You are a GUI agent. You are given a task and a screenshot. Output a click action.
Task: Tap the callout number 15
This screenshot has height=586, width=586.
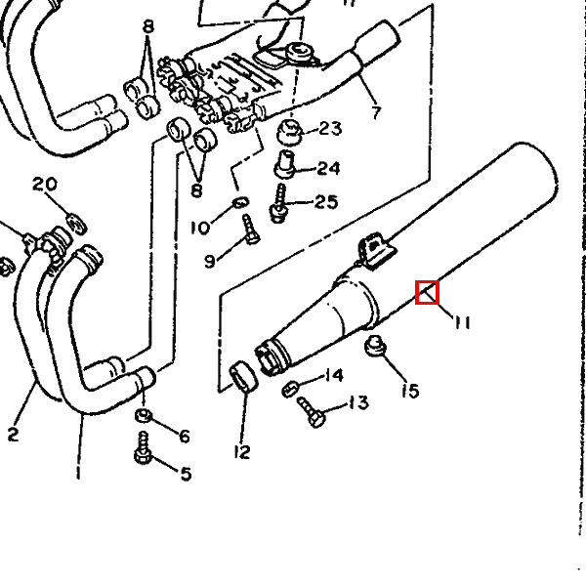pyautogui.click(x=410, y=391)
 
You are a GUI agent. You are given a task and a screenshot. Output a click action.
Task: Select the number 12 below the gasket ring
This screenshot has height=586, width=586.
pyautogui.click(x=242, y=451)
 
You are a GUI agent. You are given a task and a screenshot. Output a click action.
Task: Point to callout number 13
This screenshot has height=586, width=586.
pyautogui.click(x=357, y=402)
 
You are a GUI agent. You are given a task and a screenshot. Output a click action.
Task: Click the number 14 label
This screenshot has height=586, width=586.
pyautogui.click(x=333, y=375)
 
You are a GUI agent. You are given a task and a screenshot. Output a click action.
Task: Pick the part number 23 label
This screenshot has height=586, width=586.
pyautogui.click(x=330, y=128)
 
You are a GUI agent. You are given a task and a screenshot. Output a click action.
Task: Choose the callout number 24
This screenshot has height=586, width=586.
pyautogui.click(x=327, y=168)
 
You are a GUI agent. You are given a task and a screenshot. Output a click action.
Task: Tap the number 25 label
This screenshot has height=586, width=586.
pyautogui.click(x=325, y=201)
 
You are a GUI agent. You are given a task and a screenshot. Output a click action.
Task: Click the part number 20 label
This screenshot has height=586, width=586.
pyautogui.click(x=45, y=185)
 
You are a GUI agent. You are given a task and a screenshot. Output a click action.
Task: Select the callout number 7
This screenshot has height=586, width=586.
pyautogui.click(x=376, y=112)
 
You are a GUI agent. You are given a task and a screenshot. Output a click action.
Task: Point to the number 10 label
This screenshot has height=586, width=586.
pyautogui.click(x=199, y=228)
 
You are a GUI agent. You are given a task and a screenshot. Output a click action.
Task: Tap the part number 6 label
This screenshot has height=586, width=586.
pyautogui.click(x=184, y=436)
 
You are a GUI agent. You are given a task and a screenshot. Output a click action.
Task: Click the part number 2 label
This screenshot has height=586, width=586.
pyautogui.click(x=13, y=435)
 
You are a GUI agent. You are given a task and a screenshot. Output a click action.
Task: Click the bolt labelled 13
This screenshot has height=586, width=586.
pyautogui.click(x=313, y=418)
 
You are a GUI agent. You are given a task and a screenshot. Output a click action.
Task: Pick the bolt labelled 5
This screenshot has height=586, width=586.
pyautogui.click(x=144, y=453)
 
